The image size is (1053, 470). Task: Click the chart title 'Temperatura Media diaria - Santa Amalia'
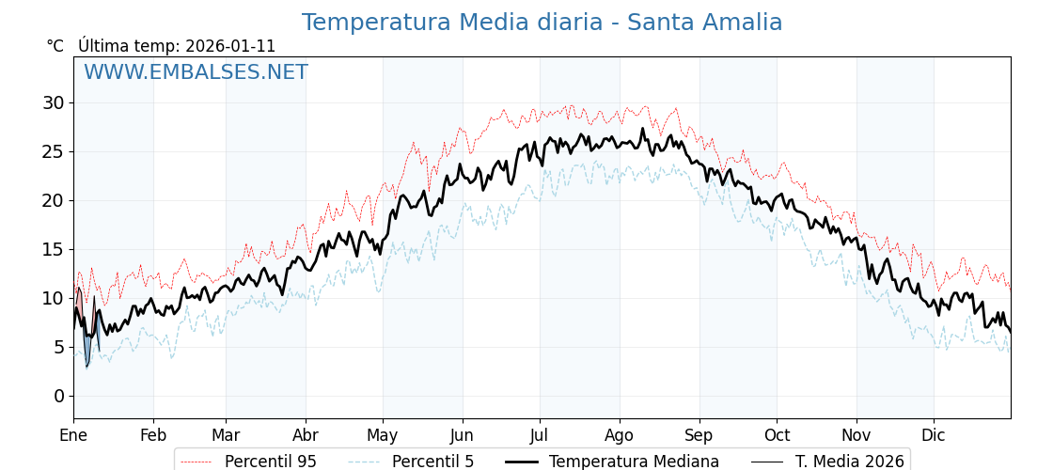[x=542, y=23]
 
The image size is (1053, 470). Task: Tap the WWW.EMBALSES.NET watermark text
[x=196, y=72]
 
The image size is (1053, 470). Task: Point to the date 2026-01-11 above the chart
[x=230, y=46]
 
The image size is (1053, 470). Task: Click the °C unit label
[x=55, y=46]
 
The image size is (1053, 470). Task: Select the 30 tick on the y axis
[x=53, y=102]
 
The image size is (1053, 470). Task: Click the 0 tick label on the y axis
[x=58, y=396]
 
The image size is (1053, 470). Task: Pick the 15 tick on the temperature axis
[x=53, y=249]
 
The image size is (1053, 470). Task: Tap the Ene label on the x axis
[x=73, y=435]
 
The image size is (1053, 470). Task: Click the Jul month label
[x=540, y=435]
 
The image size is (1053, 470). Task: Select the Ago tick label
[x=620, y=435]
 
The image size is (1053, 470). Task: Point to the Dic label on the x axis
[x=934, y=435]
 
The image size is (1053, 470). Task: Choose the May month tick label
[x=383, y=435]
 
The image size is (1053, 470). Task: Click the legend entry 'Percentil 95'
[x=270, y=462]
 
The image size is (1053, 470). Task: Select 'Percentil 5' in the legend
[x=432, y=462]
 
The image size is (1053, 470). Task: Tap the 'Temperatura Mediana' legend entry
[x=634, y=462]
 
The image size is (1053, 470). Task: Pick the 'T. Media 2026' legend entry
[x=849, y=462]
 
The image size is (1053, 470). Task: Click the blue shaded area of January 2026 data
[x=87, y=348]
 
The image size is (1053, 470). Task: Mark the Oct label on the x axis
[x=777, y=435]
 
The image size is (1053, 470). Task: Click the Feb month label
[x=153, y=435]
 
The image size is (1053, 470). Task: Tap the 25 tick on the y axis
[x=53, y=151]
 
